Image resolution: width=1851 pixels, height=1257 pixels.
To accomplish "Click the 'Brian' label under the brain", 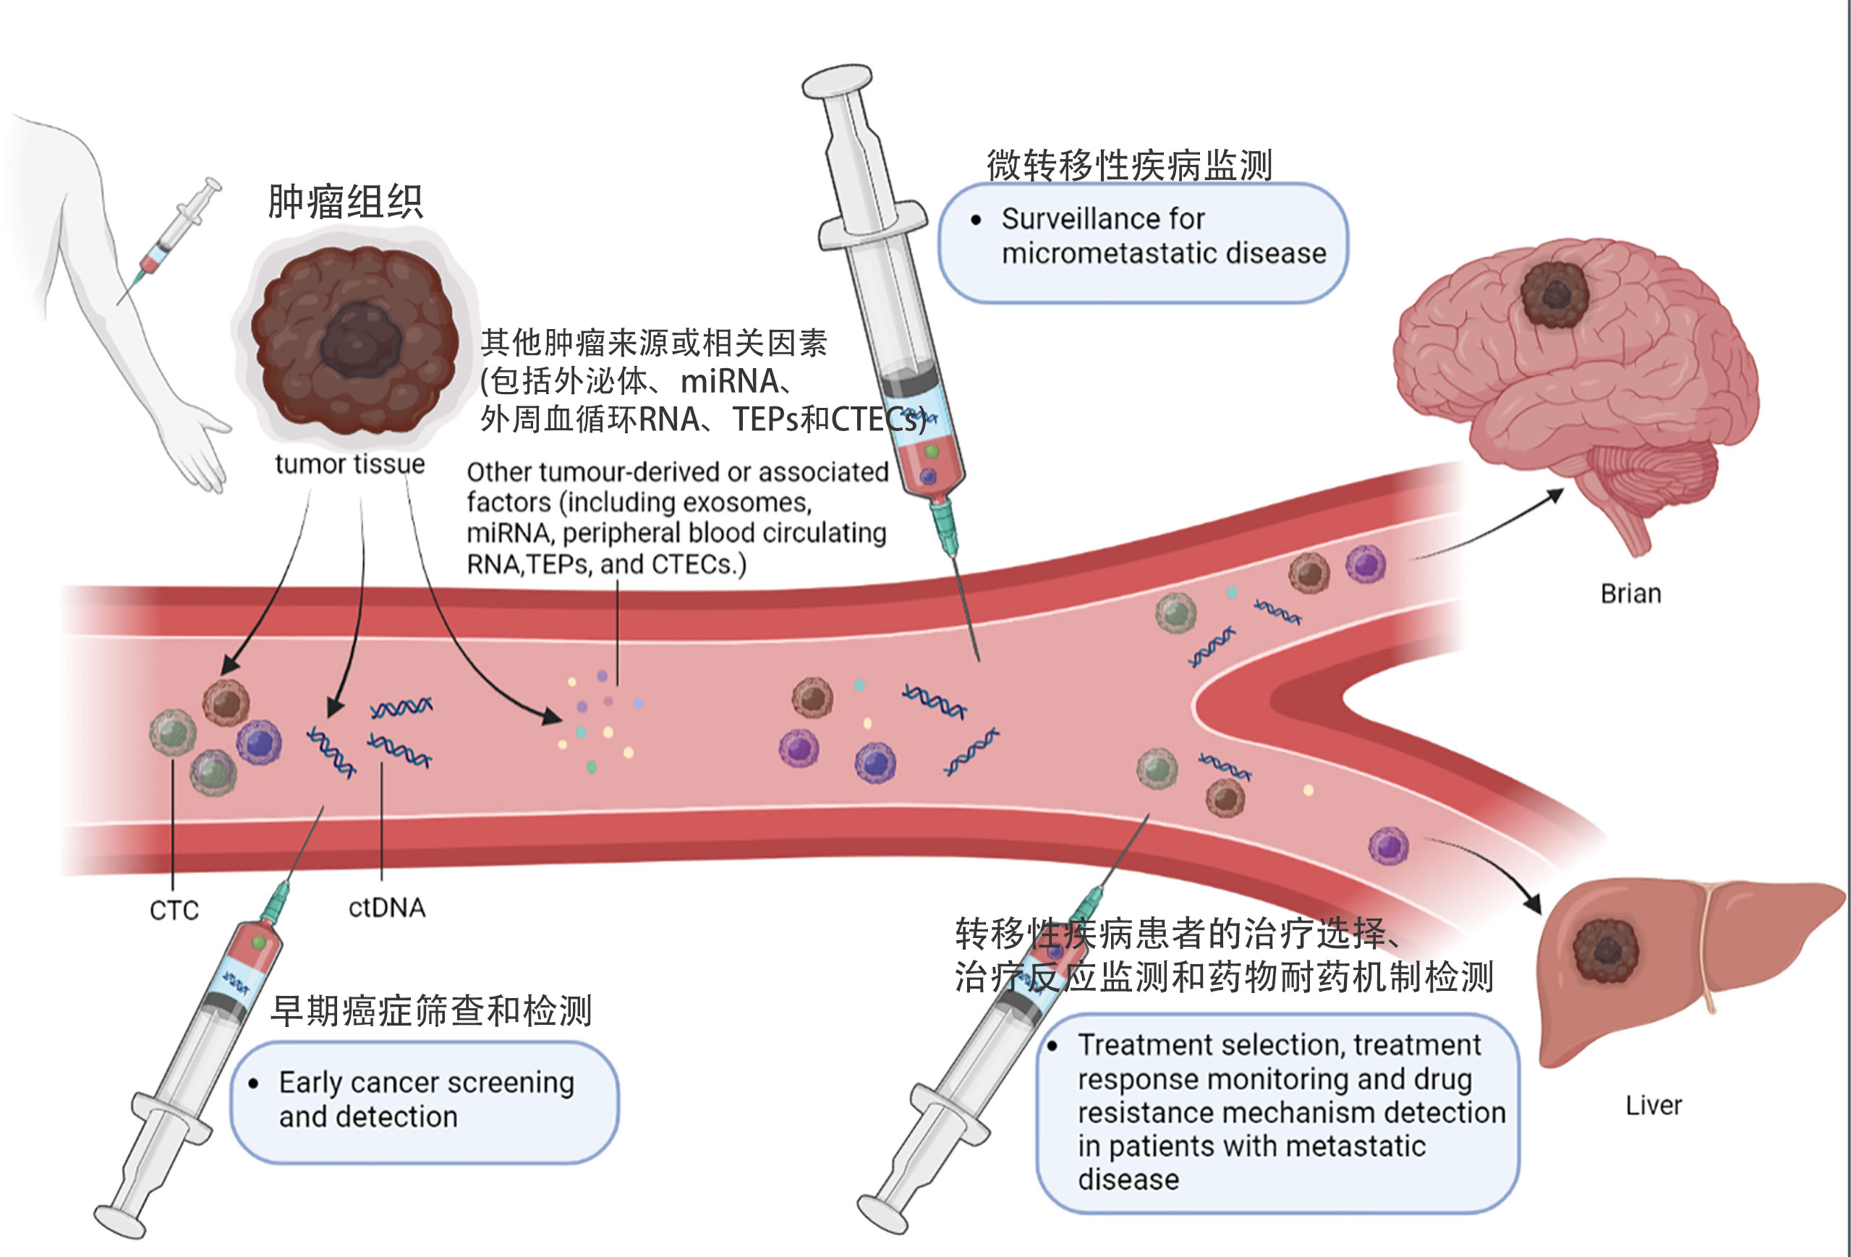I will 1630,594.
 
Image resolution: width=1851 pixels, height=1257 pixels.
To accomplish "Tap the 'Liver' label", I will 1654,1105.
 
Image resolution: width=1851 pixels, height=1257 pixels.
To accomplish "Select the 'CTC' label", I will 174,910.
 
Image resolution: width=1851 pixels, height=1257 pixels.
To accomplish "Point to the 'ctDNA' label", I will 387,907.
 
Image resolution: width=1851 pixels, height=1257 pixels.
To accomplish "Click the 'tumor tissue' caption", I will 349,464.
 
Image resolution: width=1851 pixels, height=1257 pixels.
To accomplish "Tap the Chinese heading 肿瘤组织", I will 345,201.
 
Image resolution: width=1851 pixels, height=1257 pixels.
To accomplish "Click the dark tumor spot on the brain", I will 1554,295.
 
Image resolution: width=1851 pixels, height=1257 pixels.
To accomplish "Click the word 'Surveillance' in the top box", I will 1102,218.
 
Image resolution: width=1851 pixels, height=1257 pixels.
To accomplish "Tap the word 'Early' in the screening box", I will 310,1083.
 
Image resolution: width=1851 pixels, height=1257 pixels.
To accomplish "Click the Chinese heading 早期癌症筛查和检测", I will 431,1010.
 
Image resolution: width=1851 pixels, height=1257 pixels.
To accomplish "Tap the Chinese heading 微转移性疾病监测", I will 1128,166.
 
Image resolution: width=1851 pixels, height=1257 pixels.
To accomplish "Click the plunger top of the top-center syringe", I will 837,80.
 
